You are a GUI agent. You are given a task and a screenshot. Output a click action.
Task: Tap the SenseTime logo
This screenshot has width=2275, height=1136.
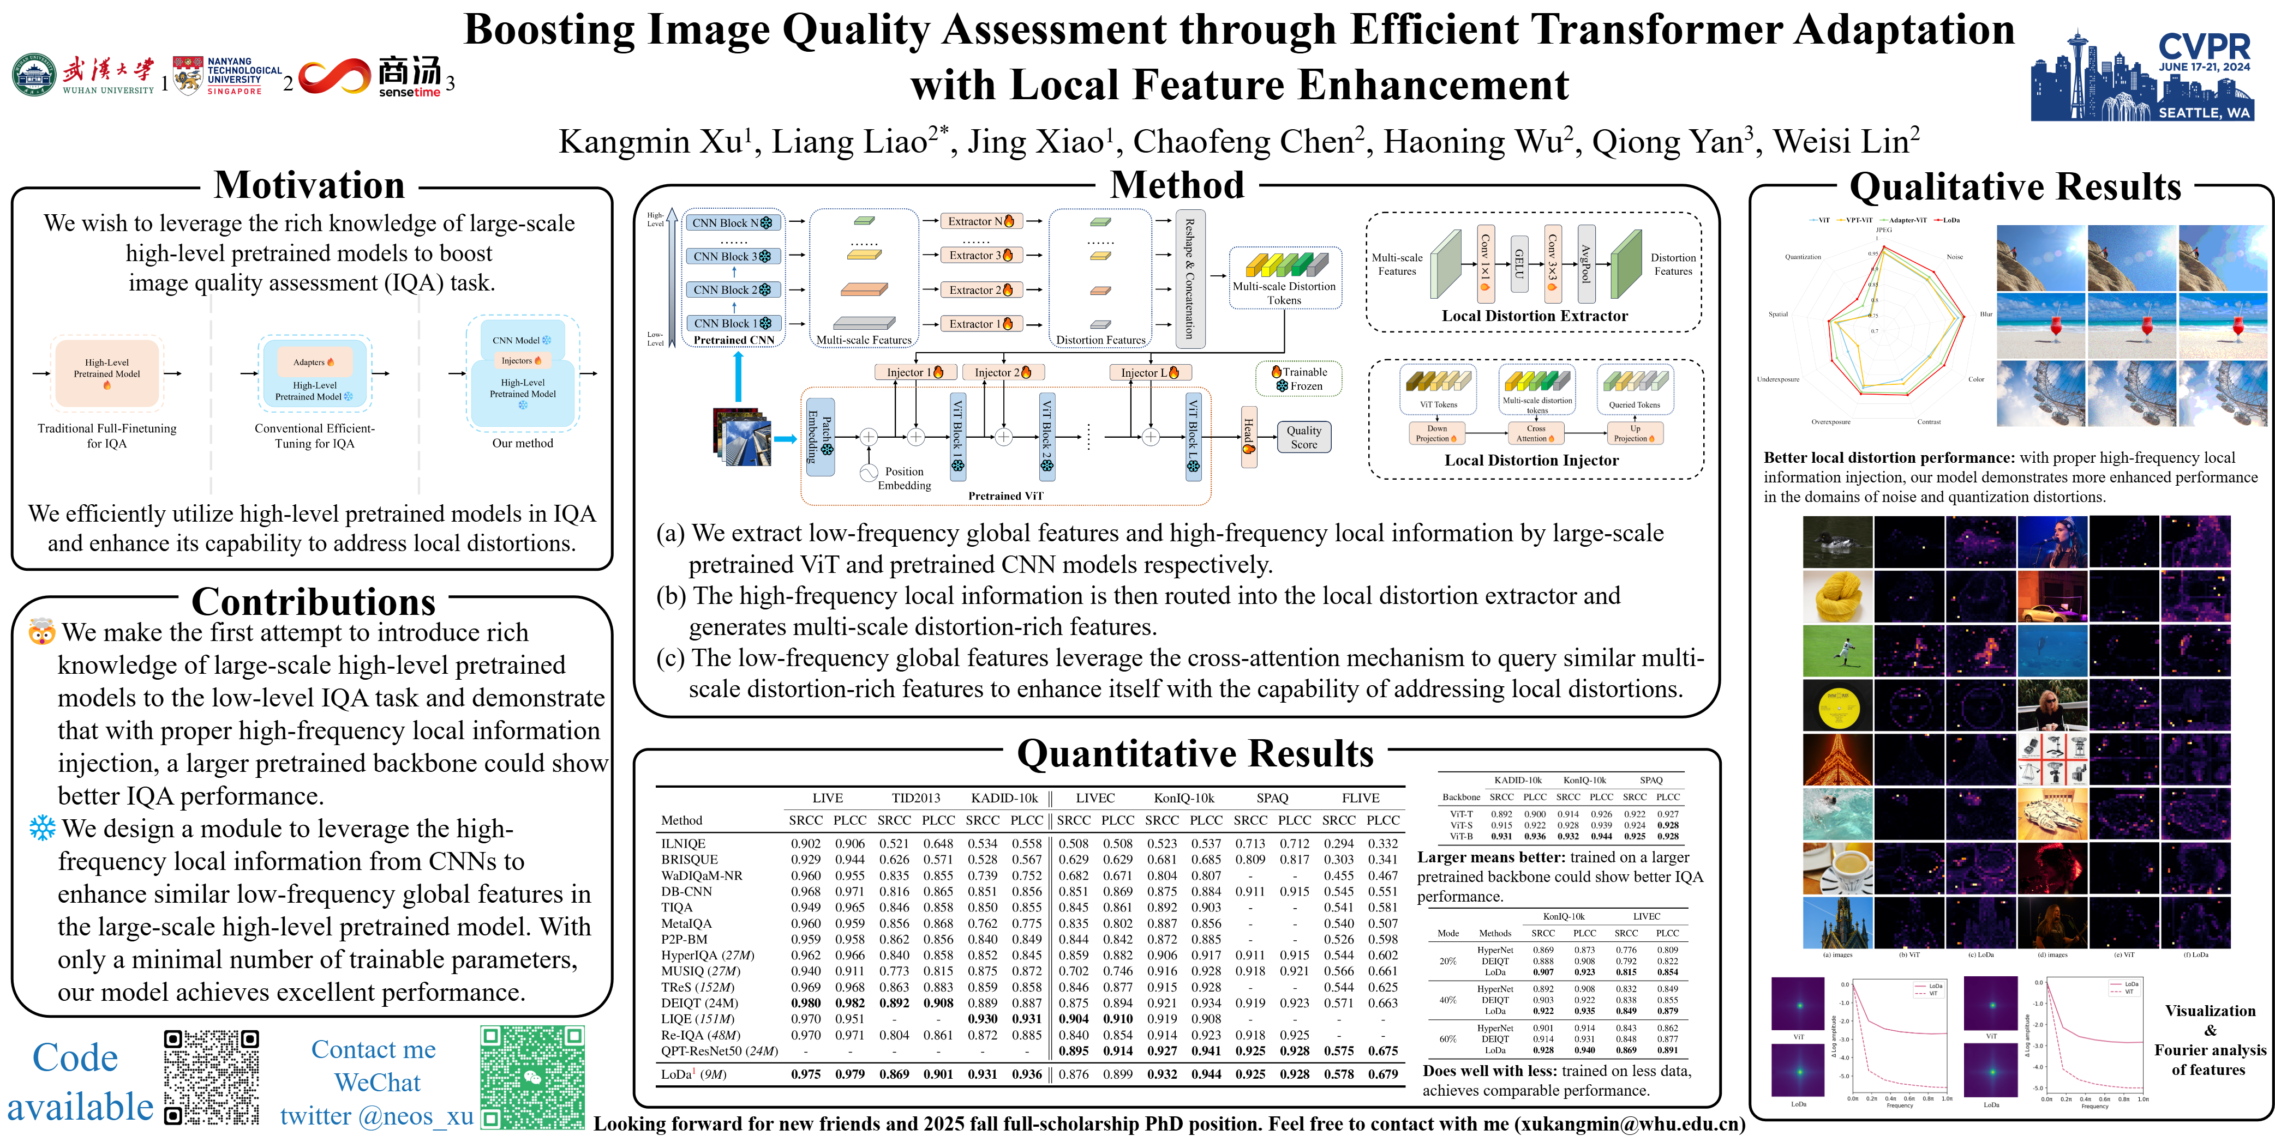pyautogui.click(x=371, y=77)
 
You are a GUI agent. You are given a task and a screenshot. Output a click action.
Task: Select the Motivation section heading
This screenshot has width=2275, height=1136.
pyautogui.click(x=309, y=185)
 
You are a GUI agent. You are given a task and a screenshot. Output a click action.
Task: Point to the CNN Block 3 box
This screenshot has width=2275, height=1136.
pyautogui.click(x=732, y=256)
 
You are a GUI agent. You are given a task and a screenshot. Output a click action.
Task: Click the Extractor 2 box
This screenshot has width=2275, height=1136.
pyautogui.click(x=980, y=289)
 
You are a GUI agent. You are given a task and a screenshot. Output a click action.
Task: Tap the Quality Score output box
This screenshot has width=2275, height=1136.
pyautogui.click(x=1303, y=437)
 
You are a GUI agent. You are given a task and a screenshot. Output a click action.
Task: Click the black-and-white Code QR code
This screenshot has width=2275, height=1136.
pyautogui.click(x=212, y=1077)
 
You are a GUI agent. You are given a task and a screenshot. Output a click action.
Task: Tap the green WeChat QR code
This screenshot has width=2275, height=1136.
pyautogui.click(x=532, y=1077)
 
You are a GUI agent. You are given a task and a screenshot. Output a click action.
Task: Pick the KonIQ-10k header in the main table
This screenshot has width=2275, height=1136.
pyautogui.click(x=1183, y=798)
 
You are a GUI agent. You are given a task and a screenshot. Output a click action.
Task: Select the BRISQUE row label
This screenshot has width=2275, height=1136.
pyautogui.click(x=689, y=859)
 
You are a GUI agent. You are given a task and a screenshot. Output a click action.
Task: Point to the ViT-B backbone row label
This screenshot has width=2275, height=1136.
pyautogui.click(x=1460, y=836)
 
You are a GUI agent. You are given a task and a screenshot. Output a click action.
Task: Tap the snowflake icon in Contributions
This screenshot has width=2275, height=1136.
pyautogui.click(x=41, y=828)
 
